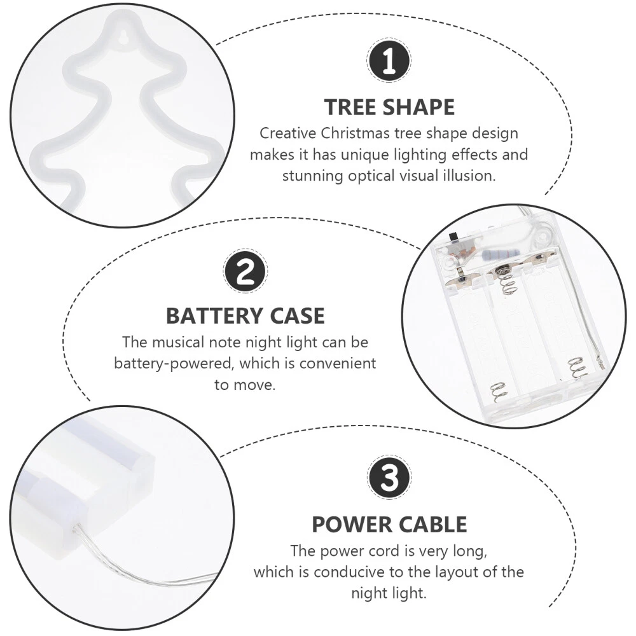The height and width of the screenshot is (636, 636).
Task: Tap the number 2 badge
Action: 245,270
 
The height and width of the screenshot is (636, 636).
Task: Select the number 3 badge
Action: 389,477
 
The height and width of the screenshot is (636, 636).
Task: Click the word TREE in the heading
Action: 350,107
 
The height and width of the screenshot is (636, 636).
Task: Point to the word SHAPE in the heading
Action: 418,107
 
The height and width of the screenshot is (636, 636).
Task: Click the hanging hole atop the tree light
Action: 125,35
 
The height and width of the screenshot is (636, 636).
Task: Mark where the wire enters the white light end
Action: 76,527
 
